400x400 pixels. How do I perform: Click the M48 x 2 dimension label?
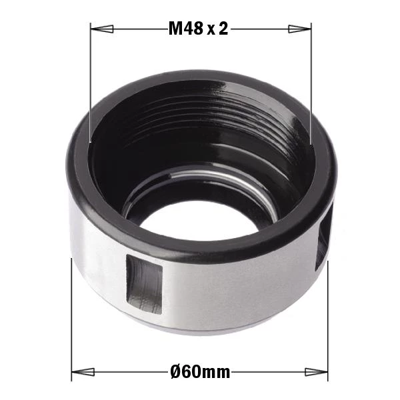coord(198,28)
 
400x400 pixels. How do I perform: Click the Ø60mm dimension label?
coord(200,372)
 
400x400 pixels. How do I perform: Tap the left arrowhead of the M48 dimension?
coord(102,29)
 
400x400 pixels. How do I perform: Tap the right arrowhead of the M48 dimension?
coord(300,29)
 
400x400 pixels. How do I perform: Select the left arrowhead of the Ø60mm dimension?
coord(83,372)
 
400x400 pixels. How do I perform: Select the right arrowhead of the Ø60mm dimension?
coord(316,372)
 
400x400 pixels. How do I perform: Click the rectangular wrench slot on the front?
coord(145,284)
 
